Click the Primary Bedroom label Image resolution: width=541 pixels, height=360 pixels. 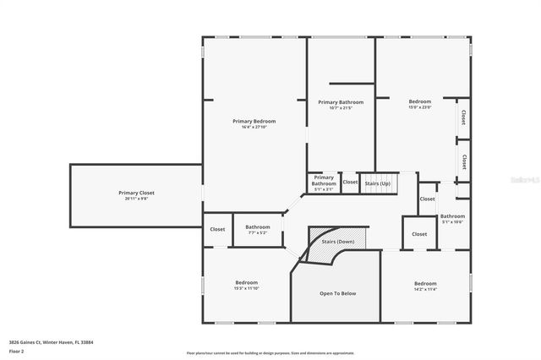pyautogui.click(x=254, y=121)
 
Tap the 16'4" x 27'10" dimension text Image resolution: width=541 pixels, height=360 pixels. pyautogui.click(x=254, y=128)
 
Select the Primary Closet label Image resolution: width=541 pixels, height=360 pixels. pyautogui.click(x=136, y=193)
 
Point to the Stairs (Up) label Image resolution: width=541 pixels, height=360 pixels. pyautogui.click(x=377, y=183)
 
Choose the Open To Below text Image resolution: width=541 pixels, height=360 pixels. pyautogui.click(x=337, y=293)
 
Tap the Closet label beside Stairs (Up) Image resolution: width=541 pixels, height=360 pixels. pyautogui.click(x=350, y=182)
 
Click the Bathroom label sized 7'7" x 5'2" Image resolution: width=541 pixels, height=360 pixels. pyautogui.click(x=258, y=226)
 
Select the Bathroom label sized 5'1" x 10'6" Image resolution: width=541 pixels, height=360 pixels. pyautogui.click(x=452, y=215)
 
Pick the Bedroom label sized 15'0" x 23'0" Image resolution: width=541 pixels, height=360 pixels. pyautogui.click(x=420, y=101)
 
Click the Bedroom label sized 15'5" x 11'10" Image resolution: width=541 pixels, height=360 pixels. pyautogui.click(x=246, y=282)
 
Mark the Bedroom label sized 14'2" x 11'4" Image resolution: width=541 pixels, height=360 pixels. pyautogui.click(x=425, y=283)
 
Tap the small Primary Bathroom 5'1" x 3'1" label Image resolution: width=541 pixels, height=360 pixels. pyautogui.click(x=324, y=181)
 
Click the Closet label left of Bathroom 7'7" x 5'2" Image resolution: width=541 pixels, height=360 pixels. pyautogui.click(x=217, y=229)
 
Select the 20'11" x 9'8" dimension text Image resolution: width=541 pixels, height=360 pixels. pyautogui.click(x=136, y=199)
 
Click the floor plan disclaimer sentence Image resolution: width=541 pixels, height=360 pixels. pyautogui.click(x=270, y=352)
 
